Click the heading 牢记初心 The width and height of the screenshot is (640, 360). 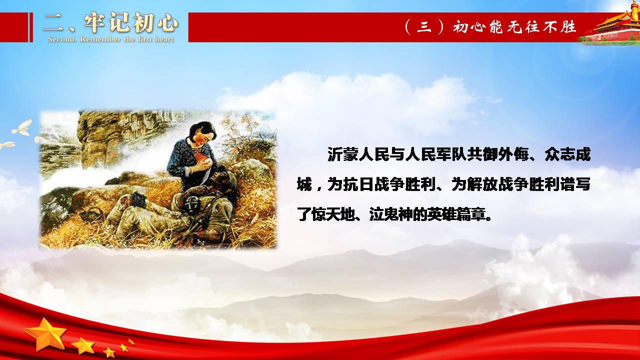point(131,22)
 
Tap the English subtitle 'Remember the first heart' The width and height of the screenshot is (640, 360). point(127,39)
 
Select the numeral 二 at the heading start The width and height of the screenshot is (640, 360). point(54,22)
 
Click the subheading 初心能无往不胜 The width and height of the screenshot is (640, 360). point(514,27)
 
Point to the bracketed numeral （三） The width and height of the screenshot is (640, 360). point(424,27)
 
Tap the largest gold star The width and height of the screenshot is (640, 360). point(45,333)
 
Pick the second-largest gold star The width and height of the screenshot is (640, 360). point(83,345)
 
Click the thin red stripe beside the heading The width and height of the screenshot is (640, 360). point(31,27)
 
